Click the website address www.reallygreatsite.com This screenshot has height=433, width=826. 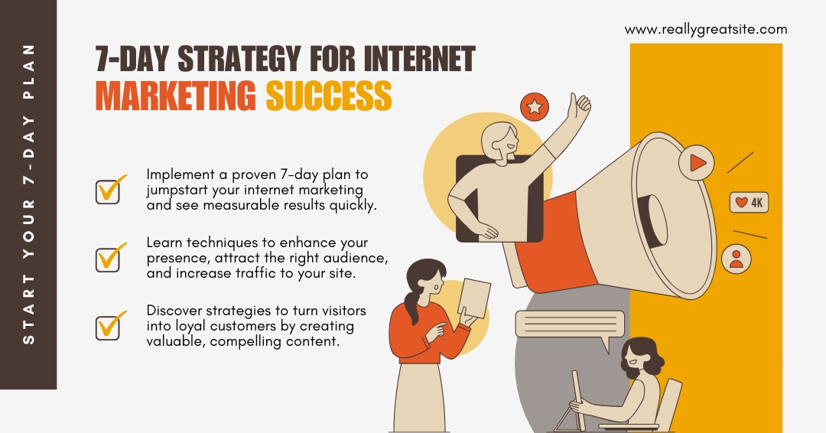[x=706, y=30]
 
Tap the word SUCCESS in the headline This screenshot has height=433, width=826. [x=329, y=96]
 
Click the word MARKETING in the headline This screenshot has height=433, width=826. [x=176, y=96]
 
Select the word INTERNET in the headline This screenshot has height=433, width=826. [x=419, y=58]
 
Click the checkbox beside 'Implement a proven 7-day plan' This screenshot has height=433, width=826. [x=109, y=190]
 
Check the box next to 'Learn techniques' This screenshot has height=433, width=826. [x=109, y=258]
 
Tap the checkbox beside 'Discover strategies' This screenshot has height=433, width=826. [x=109, y=326]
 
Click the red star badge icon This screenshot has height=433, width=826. [x=535, y=107]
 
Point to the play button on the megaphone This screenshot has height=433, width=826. [x=697, y=162]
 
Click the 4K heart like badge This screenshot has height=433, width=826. [x=749, y=202]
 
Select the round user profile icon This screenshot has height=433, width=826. [x=737, y=259]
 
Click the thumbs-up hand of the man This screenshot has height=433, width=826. [x=578, y=107]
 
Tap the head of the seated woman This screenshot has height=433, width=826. [x=641, y=356]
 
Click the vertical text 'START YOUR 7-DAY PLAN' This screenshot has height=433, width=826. [x=29, y=194]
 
